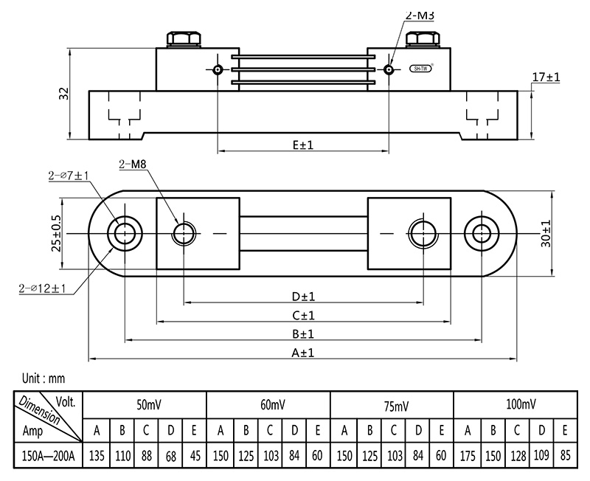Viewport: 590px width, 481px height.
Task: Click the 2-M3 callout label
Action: (x=420, y=15)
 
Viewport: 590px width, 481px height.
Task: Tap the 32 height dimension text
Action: (x=64, y=94)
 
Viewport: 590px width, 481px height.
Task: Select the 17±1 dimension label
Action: (x=546, y=77)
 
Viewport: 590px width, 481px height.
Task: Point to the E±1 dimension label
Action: (x=302, y=145)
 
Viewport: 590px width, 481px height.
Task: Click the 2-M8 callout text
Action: (x=133, y=164)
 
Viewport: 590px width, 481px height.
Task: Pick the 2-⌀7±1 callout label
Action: (x=69, y=175)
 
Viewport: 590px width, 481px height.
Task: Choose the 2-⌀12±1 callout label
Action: (x=43, y=288)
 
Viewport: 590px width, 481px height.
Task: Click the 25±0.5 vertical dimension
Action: (x=55, y=233)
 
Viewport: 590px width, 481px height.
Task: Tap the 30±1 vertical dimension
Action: (x=546, y=233)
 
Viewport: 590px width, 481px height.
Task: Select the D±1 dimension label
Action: (x=303, y=297)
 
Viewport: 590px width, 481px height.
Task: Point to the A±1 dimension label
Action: (x=303, y=353)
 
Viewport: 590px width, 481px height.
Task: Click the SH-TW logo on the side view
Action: (x=420, y=70)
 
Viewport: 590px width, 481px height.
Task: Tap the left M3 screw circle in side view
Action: (x=218, y=70)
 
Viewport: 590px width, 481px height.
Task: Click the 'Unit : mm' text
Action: (x=44, y=378)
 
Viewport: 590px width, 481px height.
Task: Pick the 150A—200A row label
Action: (x=48, y=456)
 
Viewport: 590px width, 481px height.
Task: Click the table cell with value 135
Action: (x=97, y=456)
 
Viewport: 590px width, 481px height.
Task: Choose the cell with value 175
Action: (x=468, y=456)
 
